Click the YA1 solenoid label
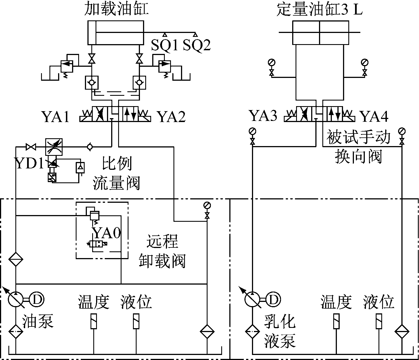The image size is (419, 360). [56, 116]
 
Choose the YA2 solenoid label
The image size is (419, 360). [172, 116]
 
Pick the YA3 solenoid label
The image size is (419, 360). [263, 116]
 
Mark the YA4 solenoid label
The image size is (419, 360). [374, 116]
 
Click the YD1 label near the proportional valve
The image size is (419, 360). [29, 164]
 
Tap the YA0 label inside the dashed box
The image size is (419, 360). [107, 232]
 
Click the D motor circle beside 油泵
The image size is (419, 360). [37, 299]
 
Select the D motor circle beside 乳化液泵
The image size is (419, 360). [273, 299]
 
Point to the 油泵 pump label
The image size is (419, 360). [38, 321]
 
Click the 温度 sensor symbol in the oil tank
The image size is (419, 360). [94, 321]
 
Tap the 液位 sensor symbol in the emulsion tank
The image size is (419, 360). [379, 321]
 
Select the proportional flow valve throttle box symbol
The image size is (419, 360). [54, 146]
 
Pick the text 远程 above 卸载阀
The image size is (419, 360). [162, 242]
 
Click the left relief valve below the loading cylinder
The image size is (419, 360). [67, 66]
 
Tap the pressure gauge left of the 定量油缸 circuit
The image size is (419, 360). [271, 63]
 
